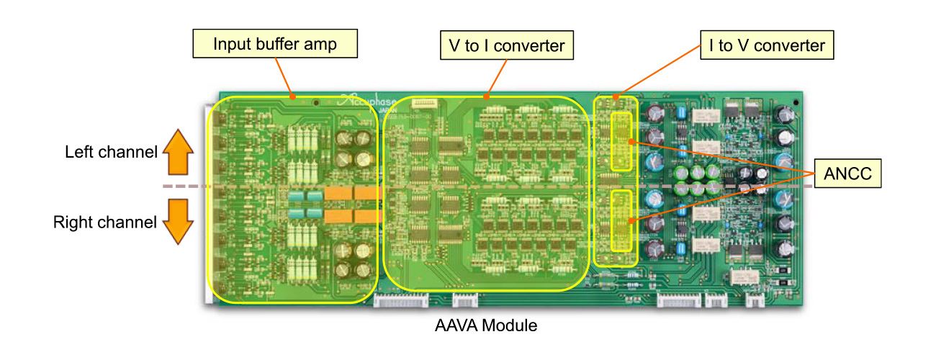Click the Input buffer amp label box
pyautogui.click(x=276, y=44)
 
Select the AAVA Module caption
pyautogui.click(x=486, y=325)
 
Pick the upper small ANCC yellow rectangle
pyautogui.click(x=621, y=141)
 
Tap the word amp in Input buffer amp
pyautogui.click(x=324, y=44)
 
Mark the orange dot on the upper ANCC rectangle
pyautogui.click(x=631, y=142)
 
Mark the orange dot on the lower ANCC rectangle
pyautogui.click(x=631, y=220)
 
